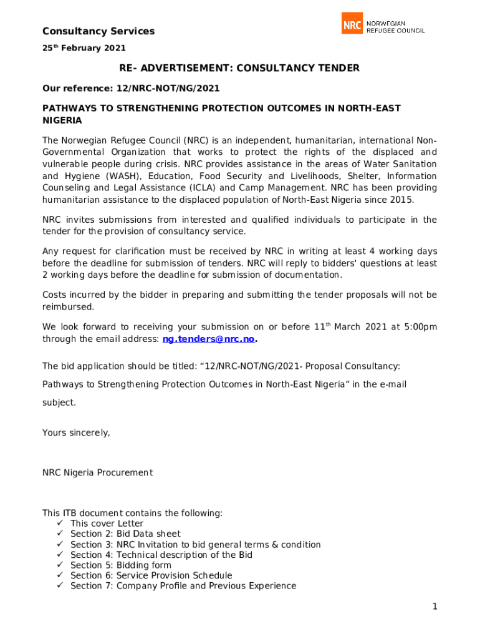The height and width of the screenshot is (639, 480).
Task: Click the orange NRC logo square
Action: pos(352,24)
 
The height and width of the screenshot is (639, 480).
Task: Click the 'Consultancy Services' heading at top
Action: pos(98,31)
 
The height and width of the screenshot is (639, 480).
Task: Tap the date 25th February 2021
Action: pos(84,48)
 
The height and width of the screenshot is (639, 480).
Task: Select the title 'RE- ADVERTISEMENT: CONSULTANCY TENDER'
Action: pos(239,68)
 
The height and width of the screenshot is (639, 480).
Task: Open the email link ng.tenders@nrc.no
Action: pos(208,339)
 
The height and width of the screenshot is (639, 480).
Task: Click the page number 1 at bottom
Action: pos(434,607)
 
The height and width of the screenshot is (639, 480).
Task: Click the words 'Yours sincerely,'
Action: pos(76,432)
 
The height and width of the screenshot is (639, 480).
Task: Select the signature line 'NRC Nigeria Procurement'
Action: pos(97,472)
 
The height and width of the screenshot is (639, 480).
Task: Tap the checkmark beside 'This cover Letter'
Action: pos(60,524)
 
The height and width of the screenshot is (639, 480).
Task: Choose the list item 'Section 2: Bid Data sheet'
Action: pos(125,534)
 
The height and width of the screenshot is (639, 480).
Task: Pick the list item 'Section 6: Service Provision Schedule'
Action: pos(151,575)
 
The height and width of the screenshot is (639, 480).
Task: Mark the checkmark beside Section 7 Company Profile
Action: pos(60,586)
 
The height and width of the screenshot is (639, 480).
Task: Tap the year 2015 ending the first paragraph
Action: pos(401,200)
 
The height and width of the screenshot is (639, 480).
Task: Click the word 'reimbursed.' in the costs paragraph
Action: pos(68,306)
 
